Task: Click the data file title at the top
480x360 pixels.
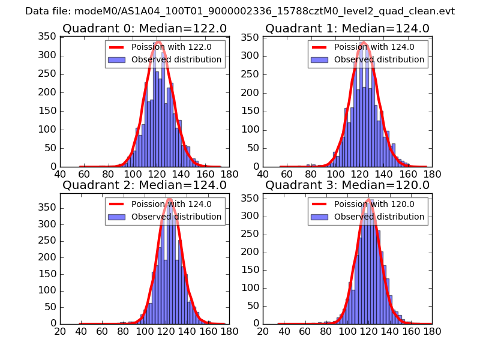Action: [x=240, y=11]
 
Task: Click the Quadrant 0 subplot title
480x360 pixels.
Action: [x=145, y=28]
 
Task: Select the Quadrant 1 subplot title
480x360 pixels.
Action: [x=347, y=28]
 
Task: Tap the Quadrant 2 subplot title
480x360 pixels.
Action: [x=145, y=185]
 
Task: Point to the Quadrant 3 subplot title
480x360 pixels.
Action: [x=347, y=185]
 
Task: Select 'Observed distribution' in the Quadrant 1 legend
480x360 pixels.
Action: [x=379, y=60]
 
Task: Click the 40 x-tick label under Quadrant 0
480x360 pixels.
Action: [x=60, y=174]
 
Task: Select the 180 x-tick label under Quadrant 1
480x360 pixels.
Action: [x=432, y=174]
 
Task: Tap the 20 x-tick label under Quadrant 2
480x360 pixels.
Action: [x=60, y=331]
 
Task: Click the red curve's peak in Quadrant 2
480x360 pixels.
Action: [x=169, y=199]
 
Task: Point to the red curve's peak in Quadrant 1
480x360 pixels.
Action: [x=364, y=43]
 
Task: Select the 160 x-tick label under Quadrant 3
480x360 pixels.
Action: [x=411, y=331]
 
